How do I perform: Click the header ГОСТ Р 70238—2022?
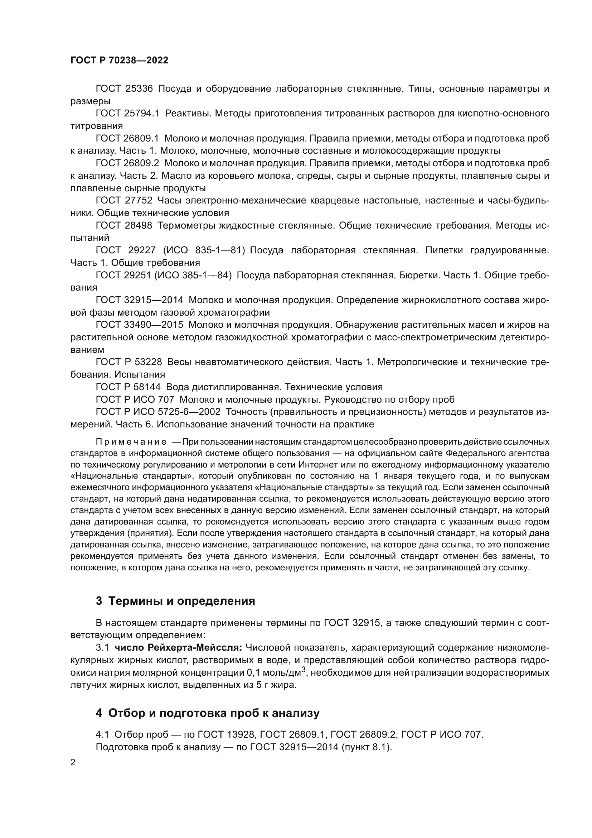tap(119, 61)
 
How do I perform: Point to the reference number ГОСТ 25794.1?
tap(127, 114)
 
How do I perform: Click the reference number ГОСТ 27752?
tap(124, 200)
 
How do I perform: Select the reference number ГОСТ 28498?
tap(124, 226)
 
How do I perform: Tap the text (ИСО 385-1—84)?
tap(193, 275)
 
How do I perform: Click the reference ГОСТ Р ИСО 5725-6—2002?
tap(158, 412)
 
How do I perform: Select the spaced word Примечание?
tap(131, 442)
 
